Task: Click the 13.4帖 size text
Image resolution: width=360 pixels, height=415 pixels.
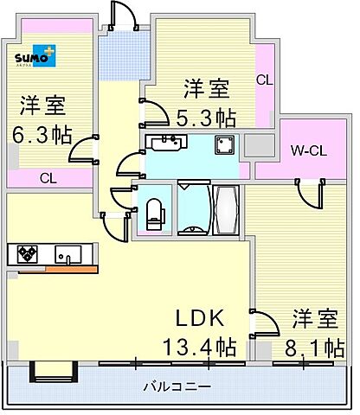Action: (199, 347)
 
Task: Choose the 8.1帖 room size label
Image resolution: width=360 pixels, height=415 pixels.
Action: (313, 347)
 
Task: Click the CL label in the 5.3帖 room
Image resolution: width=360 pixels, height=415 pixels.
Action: (264, 80)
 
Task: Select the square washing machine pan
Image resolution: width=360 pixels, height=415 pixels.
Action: (227, 144)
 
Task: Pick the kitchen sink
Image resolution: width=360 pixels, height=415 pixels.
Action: (67, 254)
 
